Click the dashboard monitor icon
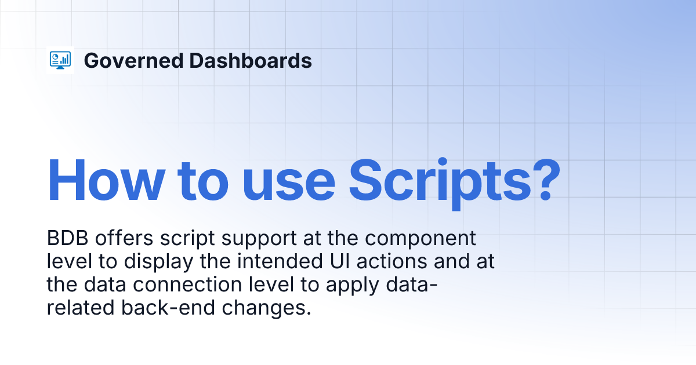pyautogui.click(x=60, y=60)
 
